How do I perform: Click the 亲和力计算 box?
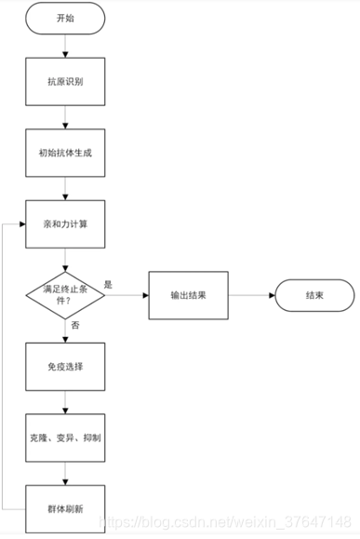[65, 224]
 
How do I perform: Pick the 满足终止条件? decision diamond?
[65, 295]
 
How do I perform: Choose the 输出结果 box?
[189, 295]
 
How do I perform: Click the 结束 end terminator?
[314, 295]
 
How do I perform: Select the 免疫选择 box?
[65, 367]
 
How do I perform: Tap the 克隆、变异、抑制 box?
[65, 438]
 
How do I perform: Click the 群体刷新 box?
[65, 508]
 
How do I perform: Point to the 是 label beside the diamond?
[108, 285]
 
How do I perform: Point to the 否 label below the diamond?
[74, 326]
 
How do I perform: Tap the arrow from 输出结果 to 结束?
[251, 295]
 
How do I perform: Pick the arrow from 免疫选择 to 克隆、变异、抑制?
[65, 402]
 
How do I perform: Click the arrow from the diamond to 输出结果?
[127, 295]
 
